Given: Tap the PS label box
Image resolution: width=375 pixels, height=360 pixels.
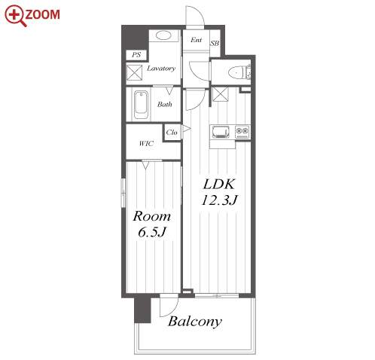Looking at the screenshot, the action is pos(136,55).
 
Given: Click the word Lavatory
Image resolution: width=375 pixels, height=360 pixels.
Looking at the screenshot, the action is pos(161,69).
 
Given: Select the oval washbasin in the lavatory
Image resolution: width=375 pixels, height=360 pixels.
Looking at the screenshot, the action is pos(163,35).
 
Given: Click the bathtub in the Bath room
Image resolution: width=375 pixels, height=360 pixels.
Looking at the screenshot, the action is pos(141,105).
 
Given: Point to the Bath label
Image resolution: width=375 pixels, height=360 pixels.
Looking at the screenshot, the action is pos(165,104).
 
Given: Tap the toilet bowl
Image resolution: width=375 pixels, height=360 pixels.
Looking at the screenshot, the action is pos(236,72).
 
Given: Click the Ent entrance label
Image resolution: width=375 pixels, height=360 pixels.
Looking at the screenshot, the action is pos(196,40).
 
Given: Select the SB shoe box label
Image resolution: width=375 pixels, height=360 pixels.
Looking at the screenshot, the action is pos(215,44).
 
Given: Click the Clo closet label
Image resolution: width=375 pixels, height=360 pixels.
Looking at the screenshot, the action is pos(172,132).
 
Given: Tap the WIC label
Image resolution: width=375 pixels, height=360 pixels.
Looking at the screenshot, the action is pos(146,143).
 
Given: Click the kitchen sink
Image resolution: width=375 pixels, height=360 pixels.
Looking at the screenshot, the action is pos(221,132).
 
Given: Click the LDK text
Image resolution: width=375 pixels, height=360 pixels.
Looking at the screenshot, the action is pos(219,185).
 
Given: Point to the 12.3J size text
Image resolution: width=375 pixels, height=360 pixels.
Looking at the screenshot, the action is pos(219,200).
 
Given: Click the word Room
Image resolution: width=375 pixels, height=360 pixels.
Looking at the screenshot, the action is pos(152,216).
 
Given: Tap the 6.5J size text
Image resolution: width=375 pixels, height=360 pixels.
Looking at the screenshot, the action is pos(152,232).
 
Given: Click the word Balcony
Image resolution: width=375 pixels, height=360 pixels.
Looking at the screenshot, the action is pos(195,322).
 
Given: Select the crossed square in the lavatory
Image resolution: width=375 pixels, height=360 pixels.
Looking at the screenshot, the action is pos(134,73).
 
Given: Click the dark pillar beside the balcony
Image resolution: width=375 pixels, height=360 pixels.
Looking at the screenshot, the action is pos(142,310).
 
